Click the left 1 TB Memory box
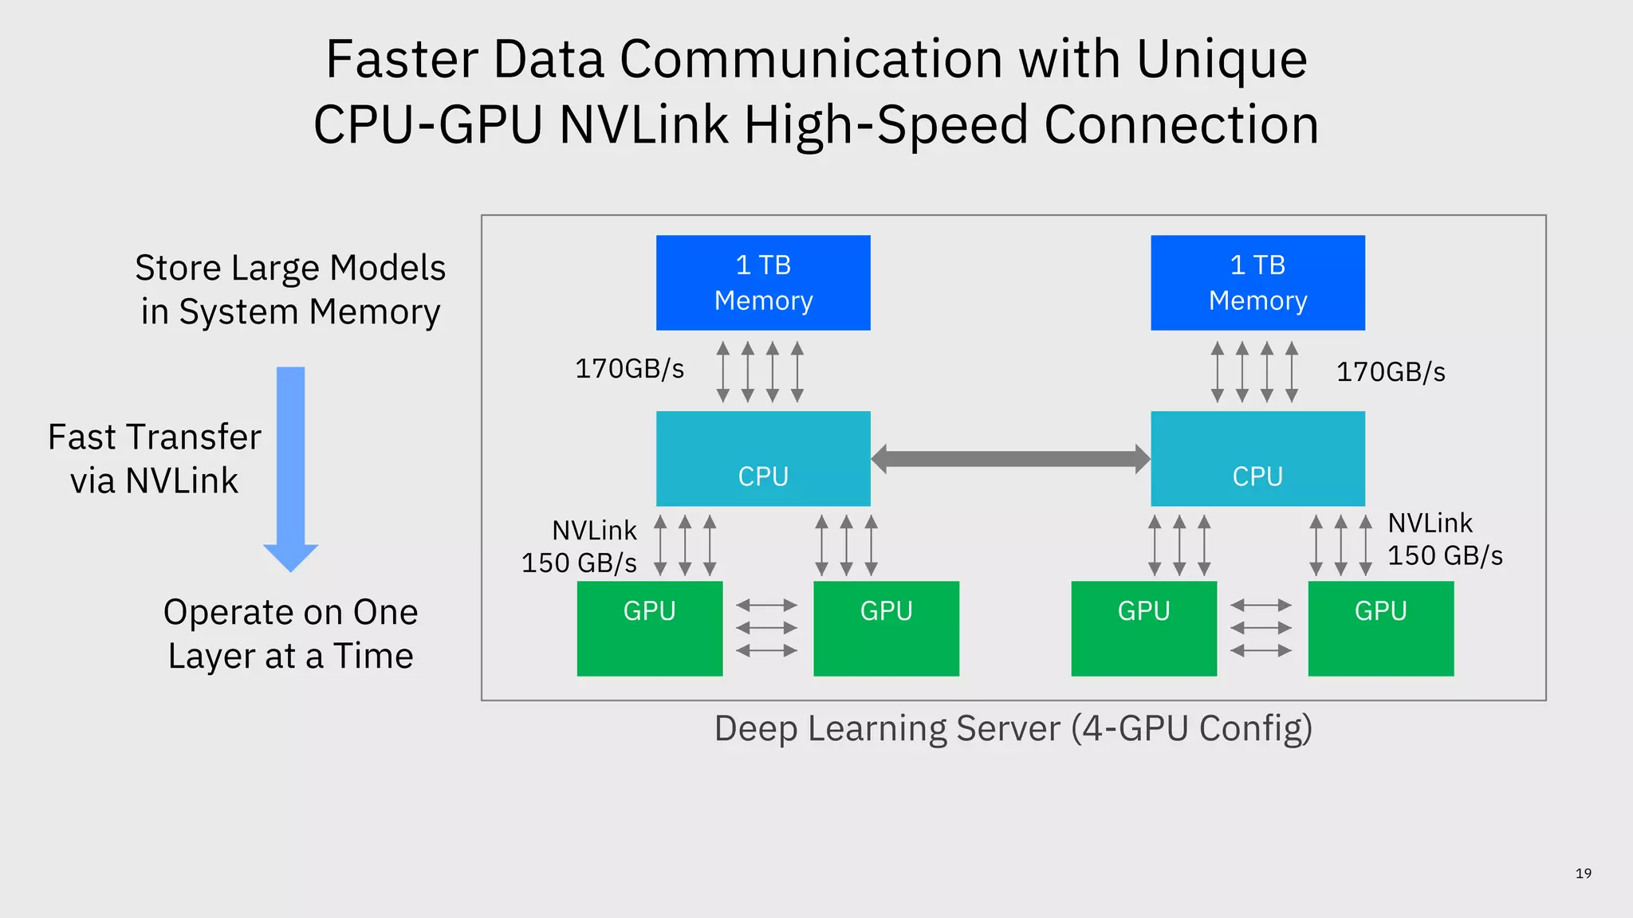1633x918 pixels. tap(763, 283)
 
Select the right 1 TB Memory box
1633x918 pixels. tap(1257, 283)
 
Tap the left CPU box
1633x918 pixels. tap(763, 458)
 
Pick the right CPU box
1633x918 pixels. tap(1257, 458)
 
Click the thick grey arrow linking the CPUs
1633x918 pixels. tap(1010, 459)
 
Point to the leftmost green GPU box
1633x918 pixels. tap(649, 629)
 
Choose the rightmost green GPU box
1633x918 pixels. tap(1380, 629)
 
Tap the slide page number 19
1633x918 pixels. tap(1583, 873)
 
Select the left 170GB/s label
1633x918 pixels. tap(629, 369)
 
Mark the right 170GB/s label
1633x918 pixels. tap(1390, 372)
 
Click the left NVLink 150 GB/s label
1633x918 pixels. tap(580, 547)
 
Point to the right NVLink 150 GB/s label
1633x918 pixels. tap(1444, 539)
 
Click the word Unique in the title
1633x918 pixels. tap(1221, 60)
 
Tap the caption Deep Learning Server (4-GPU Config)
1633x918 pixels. tap(1013, 728)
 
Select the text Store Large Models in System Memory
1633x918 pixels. tap(290, 289)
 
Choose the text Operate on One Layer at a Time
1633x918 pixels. tap(290, 634)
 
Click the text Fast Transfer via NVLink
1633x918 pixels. tap(155, 459)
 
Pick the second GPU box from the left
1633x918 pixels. tap(886, 629)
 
